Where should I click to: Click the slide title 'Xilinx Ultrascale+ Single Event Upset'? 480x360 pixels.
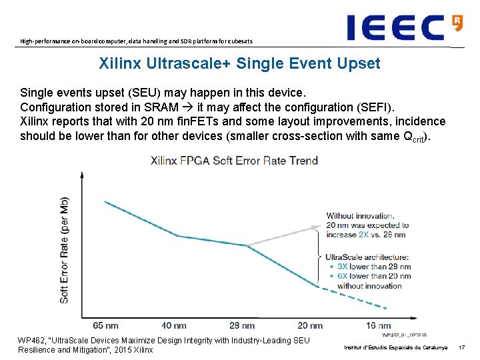tap(239, 64)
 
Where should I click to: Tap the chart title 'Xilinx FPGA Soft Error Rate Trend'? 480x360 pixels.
tap(234, 161)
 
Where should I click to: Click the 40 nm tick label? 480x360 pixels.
tap(175, 326)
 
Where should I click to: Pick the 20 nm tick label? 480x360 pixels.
tap(310, 326)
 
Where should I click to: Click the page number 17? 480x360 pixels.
tap(461, 347)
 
